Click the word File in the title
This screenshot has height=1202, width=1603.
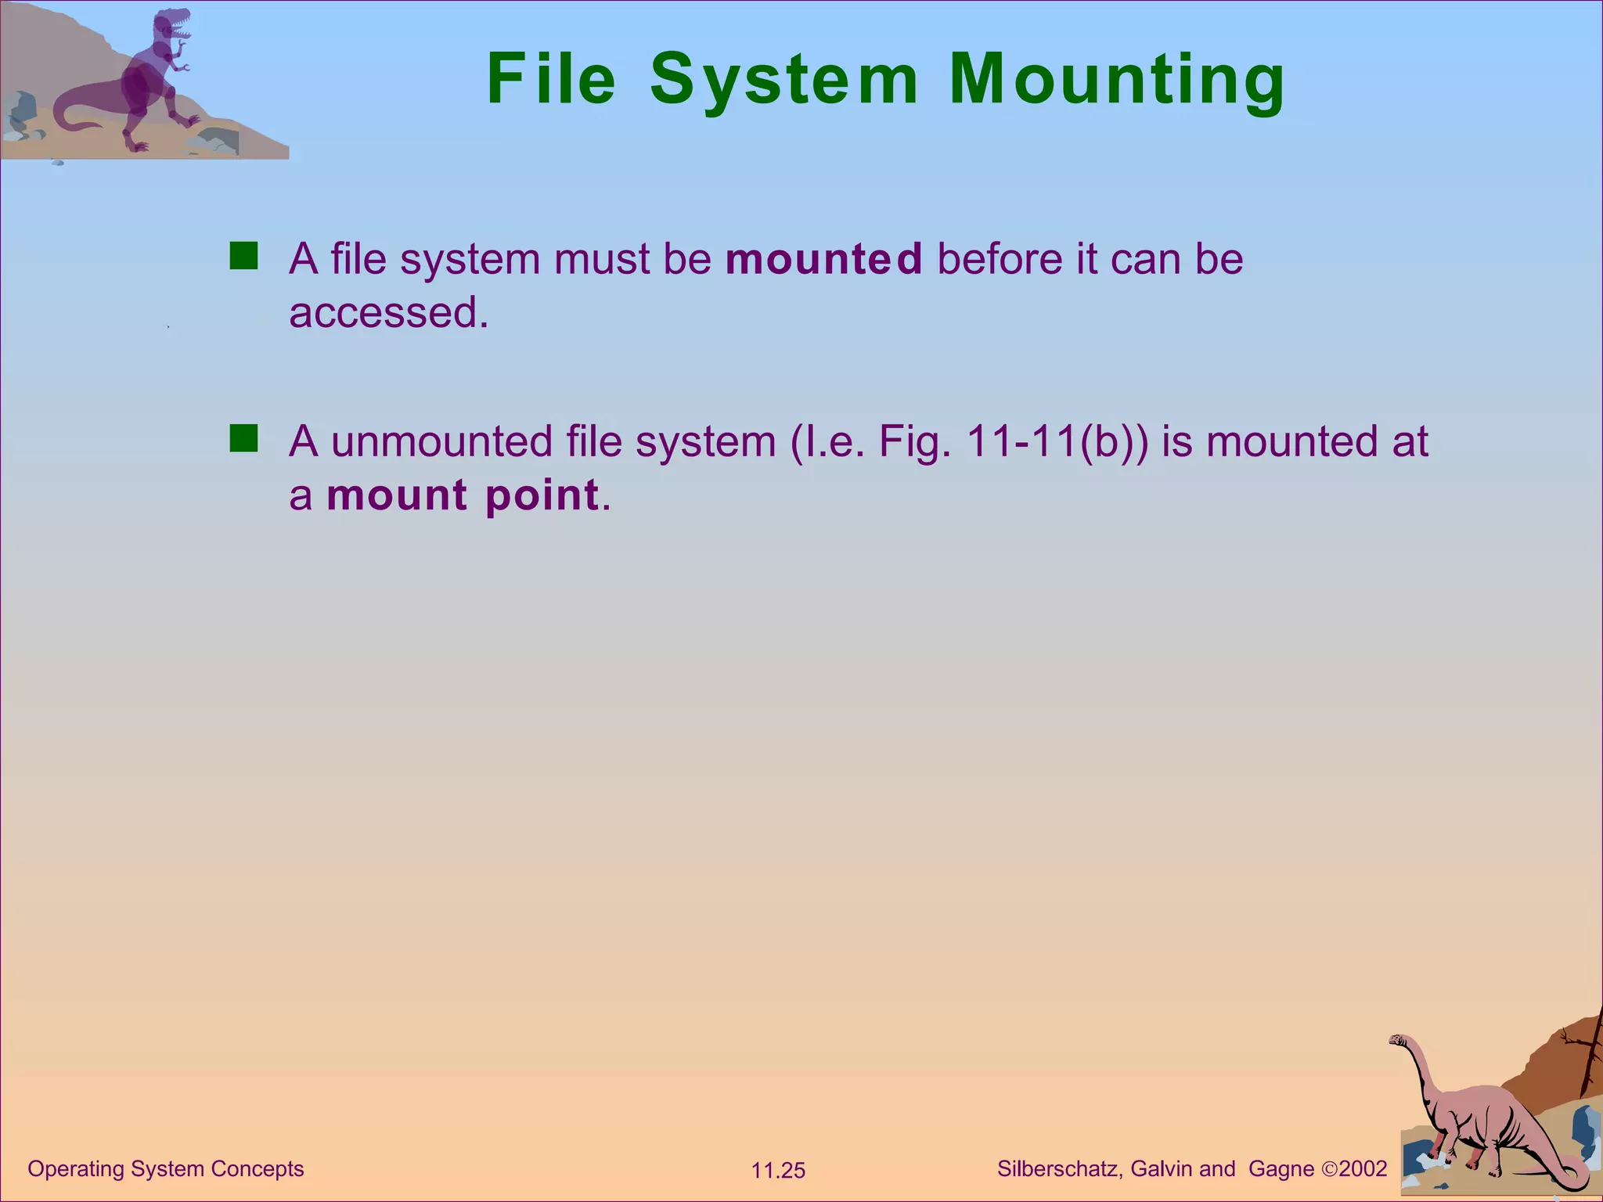click(x=551, y=80)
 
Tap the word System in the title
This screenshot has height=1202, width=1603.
click(x=783, y=80)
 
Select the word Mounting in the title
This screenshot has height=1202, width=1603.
click(x=1117, y=80)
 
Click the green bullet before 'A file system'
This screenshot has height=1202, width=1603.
click(x=243, y=256)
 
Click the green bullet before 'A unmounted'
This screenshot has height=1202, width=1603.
click(x=243, y=439)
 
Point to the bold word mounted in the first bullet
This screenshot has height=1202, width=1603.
click(x=823, y=259)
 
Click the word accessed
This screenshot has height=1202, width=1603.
click(x=388, y=313)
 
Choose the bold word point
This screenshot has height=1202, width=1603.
click(x=542, y=495)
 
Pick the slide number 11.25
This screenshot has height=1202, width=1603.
click(x=778, y=1171)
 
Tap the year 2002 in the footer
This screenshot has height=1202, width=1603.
click(x=1363, y=1169)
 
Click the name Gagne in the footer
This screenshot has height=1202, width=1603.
click(x=1281, y=1169)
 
